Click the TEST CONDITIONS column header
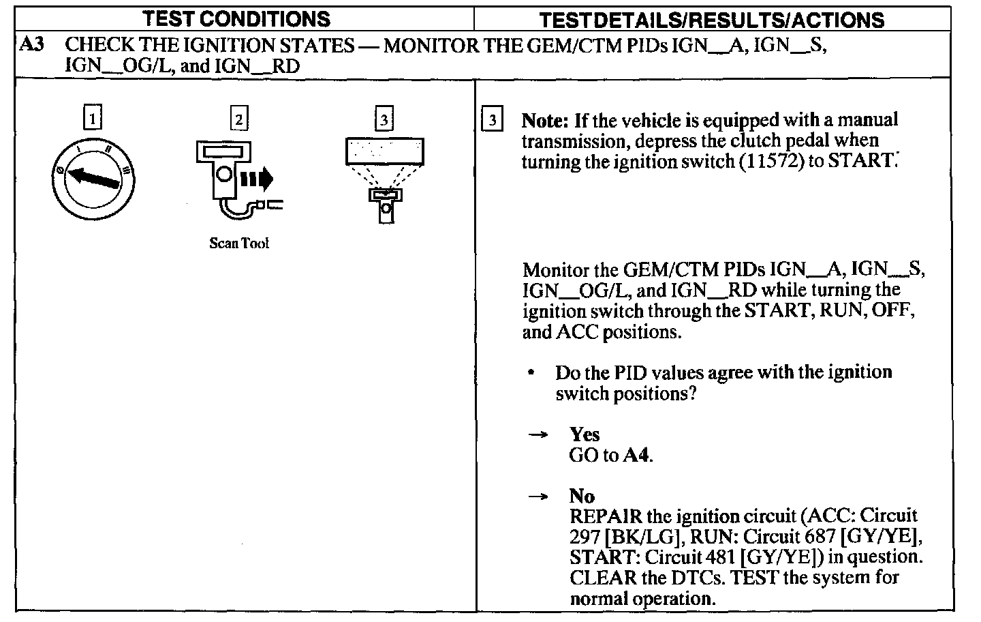245,18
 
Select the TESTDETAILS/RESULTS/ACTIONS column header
712,20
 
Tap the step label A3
32,45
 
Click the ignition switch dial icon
93,179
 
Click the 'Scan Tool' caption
238,243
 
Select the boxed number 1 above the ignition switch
93,119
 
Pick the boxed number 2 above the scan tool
238,119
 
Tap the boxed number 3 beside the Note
492,121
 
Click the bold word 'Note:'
545,121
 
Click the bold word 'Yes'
585,434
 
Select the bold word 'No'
582,496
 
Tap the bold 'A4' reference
637,455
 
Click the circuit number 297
585,537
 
